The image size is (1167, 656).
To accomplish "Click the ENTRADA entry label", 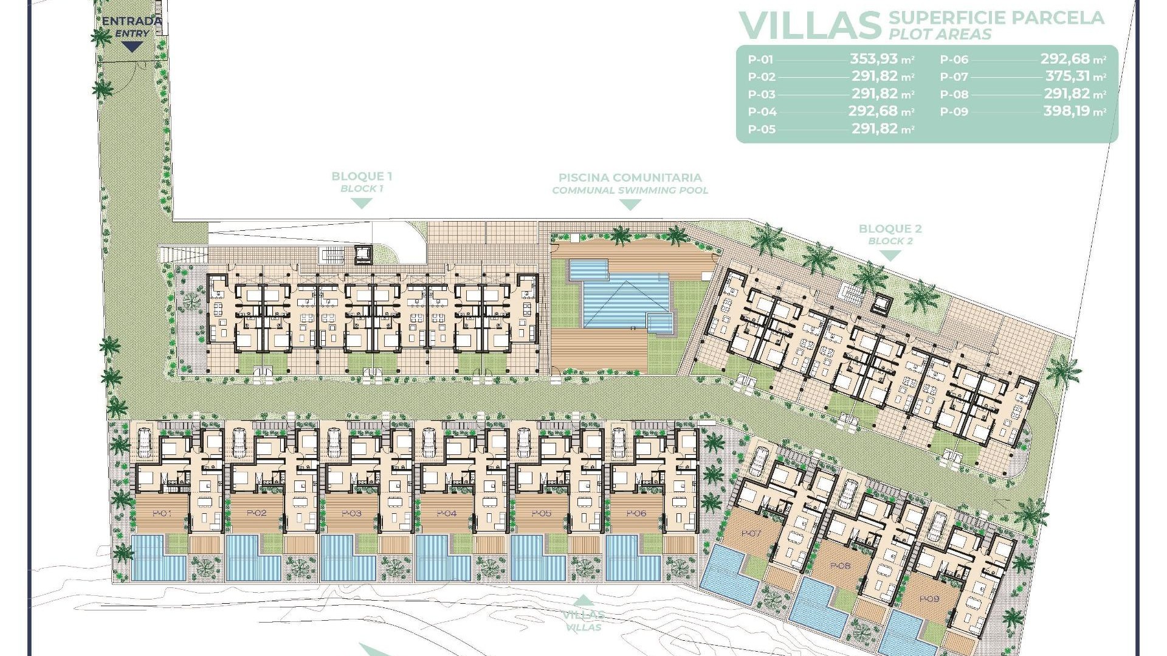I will tap(132, 21).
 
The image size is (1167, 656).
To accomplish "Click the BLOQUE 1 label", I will tap(362, 177).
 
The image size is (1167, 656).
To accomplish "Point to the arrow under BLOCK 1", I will tap(362, 204).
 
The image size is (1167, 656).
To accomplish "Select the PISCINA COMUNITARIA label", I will tap(630, 178).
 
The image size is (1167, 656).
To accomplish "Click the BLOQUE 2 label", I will tap(890, 229).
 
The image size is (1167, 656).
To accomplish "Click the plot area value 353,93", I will tap(874, 59).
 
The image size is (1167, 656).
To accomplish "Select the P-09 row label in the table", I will tap(954, 112).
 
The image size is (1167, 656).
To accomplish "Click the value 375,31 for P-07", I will tap(1068, 77).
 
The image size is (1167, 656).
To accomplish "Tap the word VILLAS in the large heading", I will tap(810, 26).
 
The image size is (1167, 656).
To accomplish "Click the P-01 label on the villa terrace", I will tap(162, 514).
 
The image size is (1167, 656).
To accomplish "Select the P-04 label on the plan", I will tap(447, 514).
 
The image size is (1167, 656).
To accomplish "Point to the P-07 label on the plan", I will tap(751, 533).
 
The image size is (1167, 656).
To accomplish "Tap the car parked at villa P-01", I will tap(144, 441).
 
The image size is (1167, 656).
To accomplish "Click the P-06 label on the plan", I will tap(636, 514).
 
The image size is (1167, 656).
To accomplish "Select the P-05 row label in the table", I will tap(762, 129).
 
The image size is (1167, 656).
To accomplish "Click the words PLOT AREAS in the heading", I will tap(940, 35).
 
